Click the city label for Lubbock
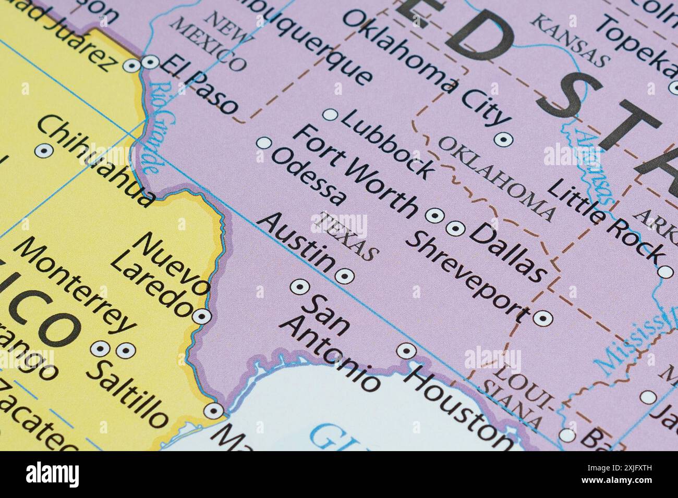388,144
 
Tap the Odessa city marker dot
265,142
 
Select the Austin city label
297,243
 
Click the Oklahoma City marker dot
503,139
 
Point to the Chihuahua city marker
42,151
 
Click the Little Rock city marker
665,271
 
